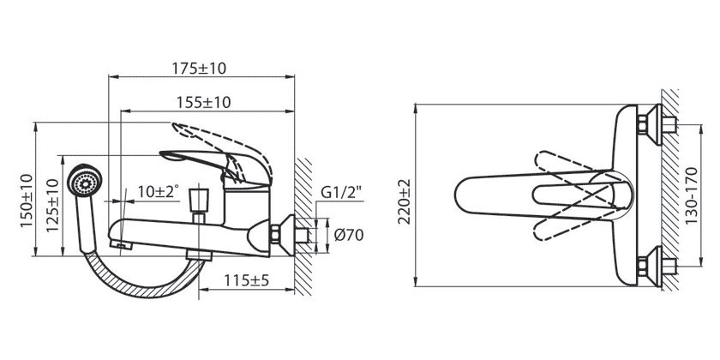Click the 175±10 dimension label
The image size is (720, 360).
[199, 69]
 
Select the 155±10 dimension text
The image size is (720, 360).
[203, 102]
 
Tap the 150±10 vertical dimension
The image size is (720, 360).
[27, 200]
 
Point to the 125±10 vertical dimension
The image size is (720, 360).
[52, 205]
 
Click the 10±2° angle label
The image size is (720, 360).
[158, 191]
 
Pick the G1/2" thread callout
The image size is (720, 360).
[341, 192]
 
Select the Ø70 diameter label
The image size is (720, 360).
[349, 235]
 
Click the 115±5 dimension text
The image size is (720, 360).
[246, 279]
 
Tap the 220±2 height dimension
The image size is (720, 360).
[405, 201]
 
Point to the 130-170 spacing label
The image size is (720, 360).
[691, 195]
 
